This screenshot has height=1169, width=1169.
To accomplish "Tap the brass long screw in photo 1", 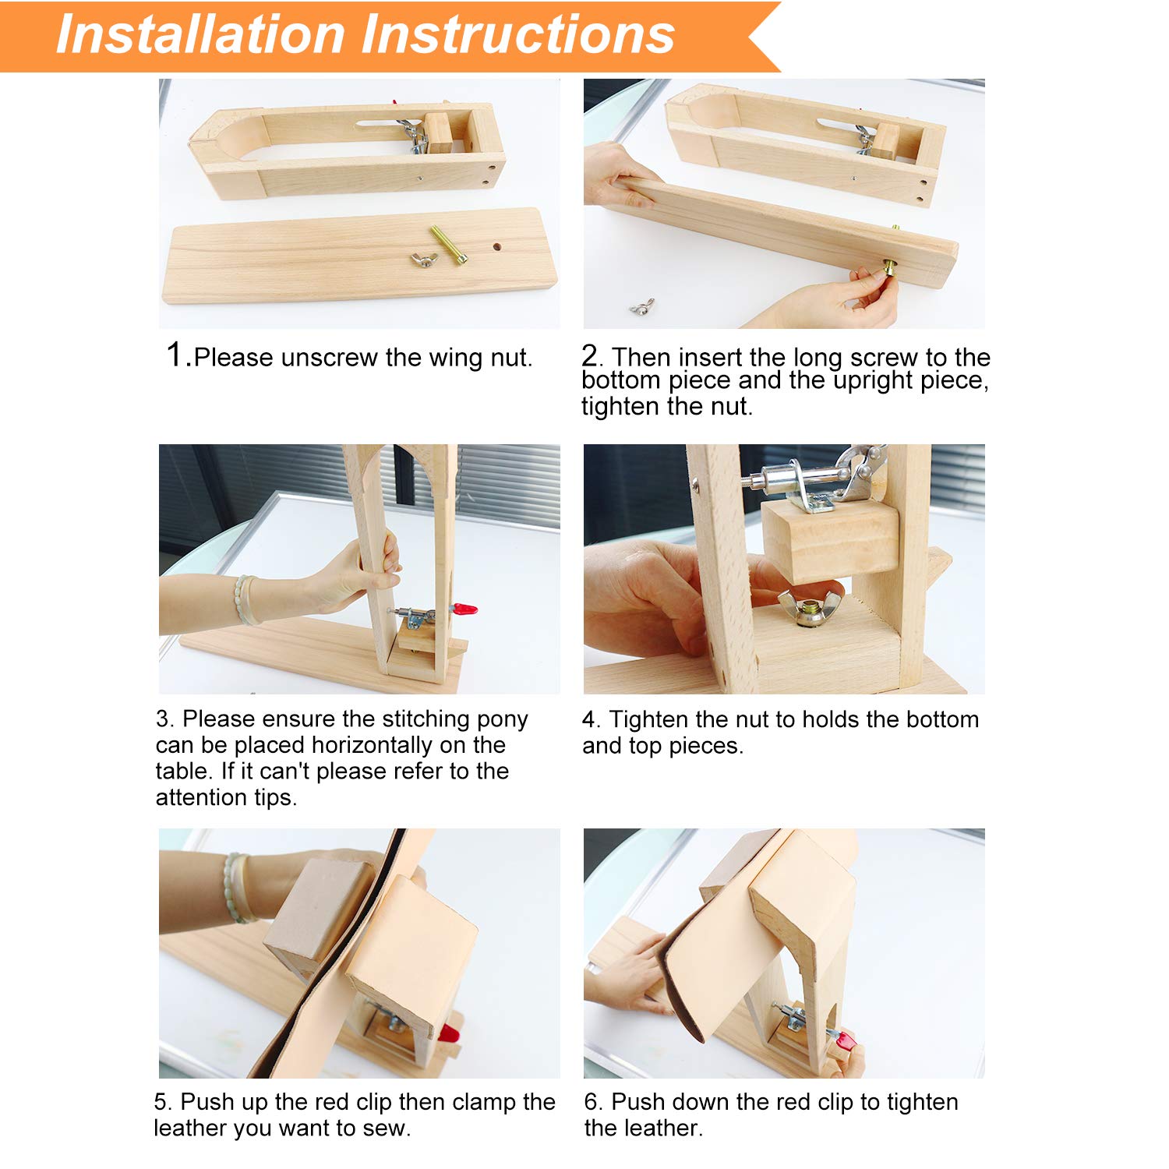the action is pos(448,245).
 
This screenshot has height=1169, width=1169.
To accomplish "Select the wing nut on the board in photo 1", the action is pos(423,260).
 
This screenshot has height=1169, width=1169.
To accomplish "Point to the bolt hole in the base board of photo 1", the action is pos(496,246).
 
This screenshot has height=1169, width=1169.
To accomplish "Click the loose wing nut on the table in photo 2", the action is pos(642,307).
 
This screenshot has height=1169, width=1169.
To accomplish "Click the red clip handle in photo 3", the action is pos(464,608).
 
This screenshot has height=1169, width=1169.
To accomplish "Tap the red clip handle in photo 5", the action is pos(448,1034).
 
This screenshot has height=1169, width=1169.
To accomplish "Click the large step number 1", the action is pos(175,354).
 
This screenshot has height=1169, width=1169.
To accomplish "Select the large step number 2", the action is pos(590,355).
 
